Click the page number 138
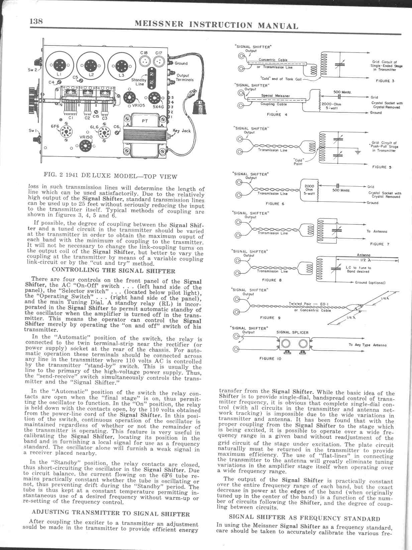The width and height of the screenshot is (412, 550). point(36,21)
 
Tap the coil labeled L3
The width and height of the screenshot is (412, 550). point(121,66)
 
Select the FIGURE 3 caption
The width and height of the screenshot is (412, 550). point(383,81)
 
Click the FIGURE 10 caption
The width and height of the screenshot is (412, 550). point(270,359)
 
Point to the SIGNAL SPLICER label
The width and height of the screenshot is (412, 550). point(292,333)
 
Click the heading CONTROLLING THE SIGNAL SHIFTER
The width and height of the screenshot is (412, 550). point(114,271)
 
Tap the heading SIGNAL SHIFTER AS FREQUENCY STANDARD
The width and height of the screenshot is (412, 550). point(304,519)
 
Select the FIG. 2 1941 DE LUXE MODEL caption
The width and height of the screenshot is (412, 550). point(110,176)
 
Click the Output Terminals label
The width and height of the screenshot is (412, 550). point(185,78)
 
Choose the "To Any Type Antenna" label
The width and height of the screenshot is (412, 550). point(368,345)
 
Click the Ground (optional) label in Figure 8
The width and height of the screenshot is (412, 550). point(370,283)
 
